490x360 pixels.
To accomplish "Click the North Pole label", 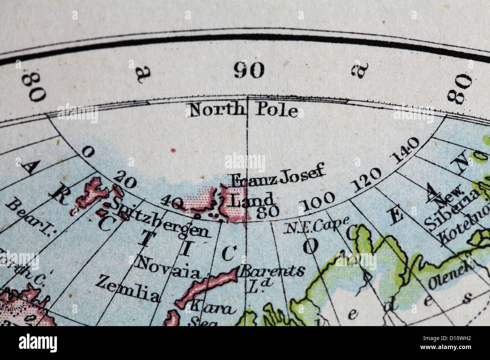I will (243, 110).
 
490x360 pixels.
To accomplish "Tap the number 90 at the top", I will (249, 70).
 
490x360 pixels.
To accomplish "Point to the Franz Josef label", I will (277, 176).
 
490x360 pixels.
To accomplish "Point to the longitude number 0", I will (88, 151).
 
